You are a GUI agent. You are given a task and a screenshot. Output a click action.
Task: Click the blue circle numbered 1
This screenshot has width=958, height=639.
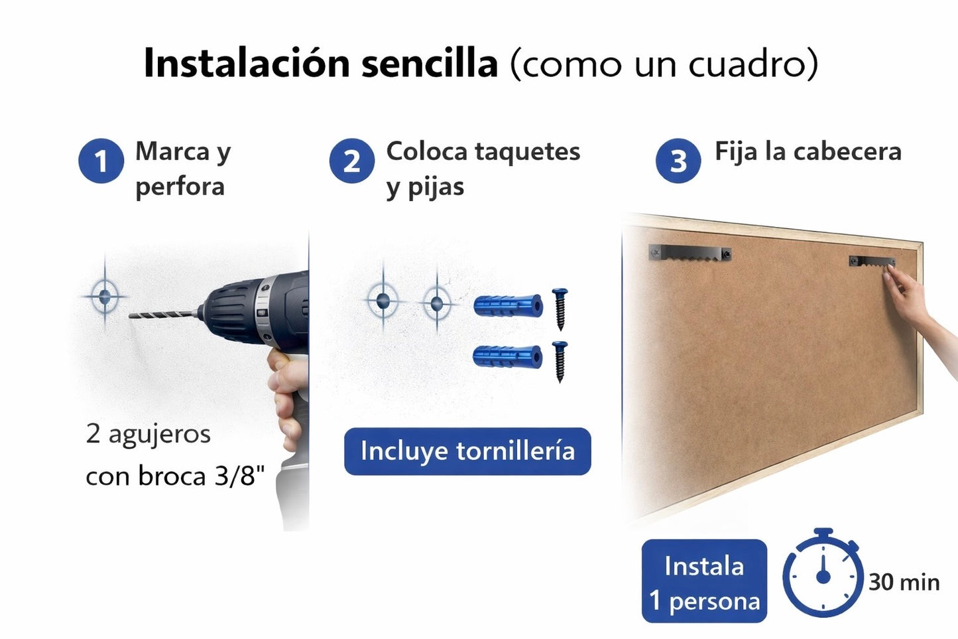point(101,161)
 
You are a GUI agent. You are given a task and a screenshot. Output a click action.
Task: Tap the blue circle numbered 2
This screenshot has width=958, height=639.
point(351,161)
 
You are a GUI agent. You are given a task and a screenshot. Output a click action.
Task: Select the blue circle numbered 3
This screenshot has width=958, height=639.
point(678,161)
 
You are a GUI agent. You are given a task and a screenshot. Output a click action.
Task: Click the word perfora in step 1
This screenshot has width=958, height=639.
point(180,186)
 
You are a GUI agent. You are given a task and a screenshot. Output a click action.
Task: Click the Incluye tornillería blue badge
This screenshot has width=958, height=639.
point(467,451)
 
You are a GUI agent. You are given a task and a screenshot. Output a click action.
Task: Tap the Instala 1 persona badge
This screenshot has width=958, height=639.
point(704,581)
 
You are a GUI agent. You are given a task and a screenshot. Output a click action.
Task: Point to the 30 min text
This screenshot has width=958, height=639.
point(904,583)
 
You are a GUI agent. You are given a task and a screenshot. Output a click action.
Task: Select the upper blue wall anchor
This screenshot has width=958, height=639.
point(508,306)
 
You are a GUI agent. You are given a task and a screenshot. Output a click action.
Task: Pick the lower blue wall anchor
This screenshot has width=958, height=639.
point(508,356)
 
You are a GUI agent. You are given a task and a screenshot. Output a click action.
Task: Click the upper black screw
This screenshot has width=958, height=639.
point(560,309)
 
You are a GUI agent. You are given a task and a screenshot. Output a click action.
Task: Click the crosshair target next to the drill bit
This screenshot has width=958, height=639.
point(105,296)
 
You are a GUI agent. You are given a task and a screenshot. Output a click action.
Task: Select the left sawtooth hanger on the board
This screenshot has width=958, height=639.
point(689,253)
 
